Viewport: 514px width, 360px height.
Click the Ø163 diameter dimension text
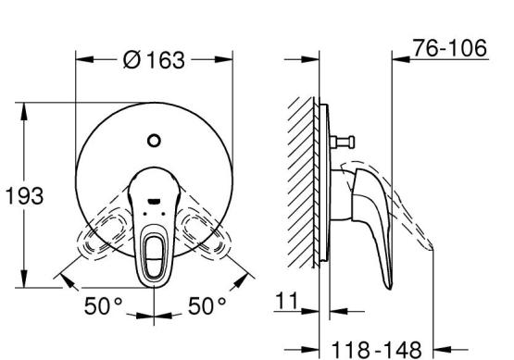click(154, 60)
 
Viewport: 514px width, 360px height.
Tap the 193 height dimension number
click(25, 196)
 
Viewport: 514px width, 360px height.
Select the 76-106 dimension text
click(450, 48)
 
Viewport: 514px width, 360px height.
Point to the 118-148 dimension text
click(376, 350)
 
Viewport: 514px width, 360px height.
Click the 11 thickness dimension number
click(287, 301)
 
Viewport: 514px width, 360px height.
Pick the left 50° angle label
click(103, 306)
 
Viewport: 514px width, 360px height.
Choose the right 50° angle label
click(207, 306)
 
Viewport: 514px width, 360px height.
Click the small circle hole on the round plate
click(154, 141)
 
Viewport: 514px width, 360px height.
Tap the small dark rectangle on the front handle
click(154, 201)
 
